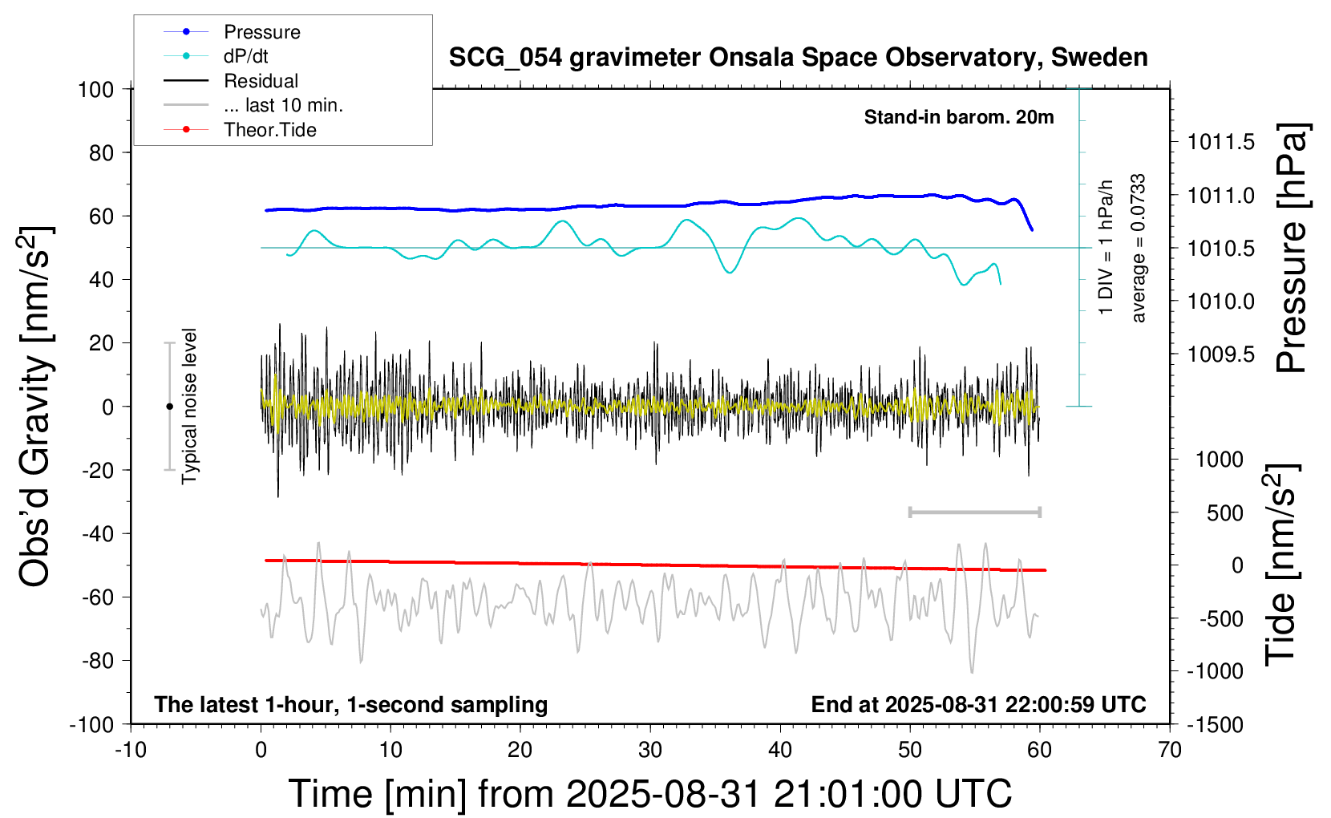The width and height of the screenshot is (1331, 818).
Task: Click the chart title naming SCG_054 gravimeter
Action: (x=798, y=58)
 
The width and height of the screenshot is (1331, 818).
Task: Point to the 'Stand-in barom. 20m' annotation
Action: (x=959, y=117)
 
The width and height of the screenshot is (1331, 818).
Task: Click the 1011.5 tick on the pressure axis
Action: (x=1220, y=143)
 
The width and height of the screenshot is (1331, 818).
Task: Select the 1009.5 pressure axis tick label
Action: (x=1220, y=354)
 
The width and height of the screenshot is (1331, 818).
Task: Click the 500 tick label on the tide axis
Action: (x=1224, y=513)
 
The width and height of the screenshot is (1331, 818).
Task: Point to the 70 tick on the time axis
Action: (x=1170, y=750)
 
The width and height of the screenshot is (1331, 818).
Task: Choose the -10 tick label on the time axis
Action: (x=131, y=750)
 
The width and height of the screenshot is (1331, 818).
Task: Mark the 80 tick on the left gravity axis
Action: (x=101, y=152)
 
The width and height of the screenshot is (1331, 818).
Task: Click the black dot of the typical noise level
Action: (x=169, y=407)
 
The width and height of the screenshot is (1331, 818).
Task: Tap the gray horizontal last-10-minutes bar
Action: (x=974, y=512)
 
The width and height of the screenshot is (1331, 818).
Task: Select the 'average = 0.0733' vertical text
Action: (x=1139, y=249)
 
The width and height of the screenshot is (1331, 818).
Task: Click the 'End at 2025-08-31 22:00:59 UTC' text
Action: (x=978, y=704)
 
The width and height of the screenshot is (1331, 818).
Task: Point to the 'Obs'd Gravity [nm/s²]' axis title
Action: (x=35, y=407)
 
